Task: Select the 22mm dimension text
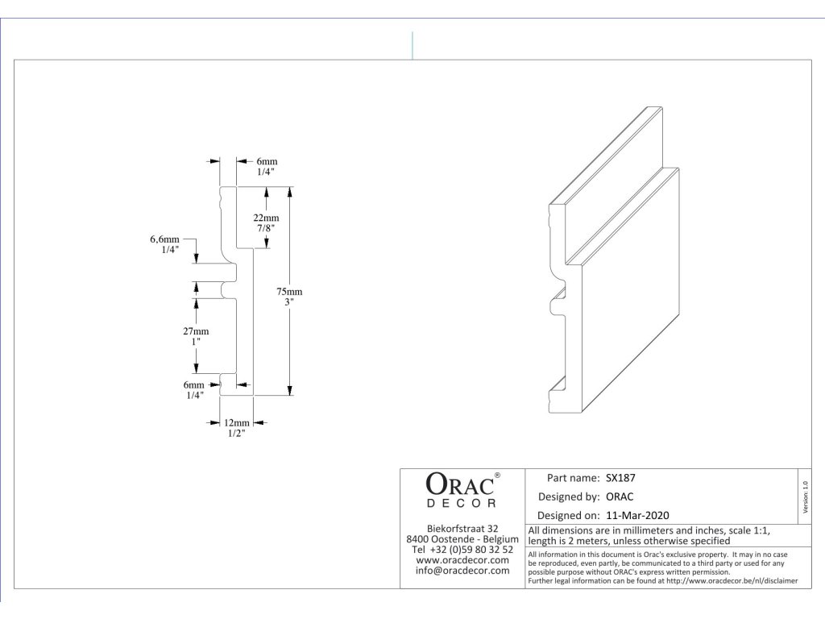tap(266, 218)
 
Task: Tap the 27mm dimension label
tap(196, 331)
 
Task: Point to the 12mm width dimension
tap(236, 422)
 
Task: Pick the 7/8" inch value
tap(266, 229)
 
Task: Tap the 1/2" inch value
tap(236, 434)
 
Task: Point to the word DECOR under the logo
tap(460, 504)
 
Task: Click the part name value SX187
tap(621, 477)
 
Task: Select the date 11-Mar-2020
tap(638, 515)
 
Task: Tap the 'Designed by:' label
tap(568, 496)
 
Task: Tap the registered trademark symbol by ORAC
tap(497, 476)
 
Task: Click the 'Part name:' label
tap(573, 477)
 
